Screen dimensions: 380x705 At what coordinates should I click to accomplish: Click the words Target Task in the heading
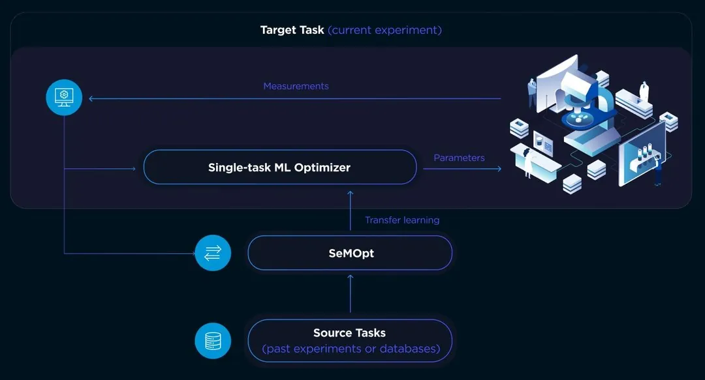tap(292, 30)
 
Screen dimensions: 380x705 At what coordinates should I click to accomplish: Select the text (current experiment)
tap(384, 30)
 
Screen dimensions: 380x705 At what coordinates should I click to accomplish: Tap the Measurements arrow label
tap(296, 86)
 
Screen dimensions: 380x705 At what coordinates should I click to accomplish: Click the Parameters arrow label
tap(459, 158)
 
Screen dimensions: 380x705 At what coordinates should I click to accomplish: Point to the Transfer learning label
tap(402, 220)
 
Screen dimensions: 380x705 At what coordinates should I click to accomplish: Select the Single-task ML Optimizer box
tap(279, 168)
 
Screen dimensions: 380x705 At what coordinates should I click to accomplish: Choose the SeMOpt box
tap(350, 253)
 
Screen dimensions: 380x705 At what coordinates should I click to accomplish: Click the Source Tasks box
tap(350, 341)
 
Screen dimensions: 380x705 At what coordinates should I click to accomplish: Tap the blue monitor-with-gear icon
tap(64, 97)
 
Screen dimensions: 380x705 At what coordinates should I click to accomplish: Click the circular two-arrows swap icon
tap(213, 253)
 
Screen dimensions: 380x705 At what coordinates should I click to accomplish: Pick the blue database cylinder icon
tap(213, 341)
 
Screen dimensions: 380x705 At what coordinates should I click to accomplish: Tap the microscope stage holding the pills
tap(577, 119)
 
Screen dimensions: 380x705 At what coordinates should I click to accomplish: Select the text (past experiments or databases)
tap(350, 349)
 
